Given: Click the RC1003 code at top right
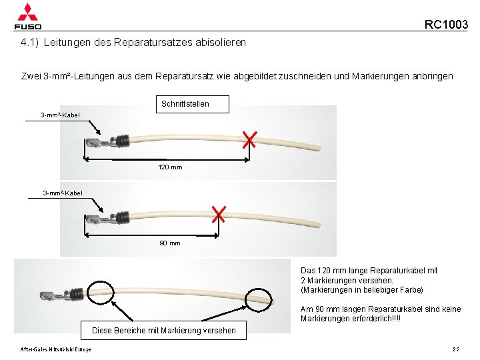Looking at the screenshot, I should point(446,25).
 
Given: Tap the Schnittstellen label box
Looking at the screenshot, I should point(185,104).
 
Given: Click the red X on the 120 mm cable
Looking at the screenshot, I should point(250,140).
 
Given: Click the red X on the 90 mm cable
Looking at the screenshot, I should point(219,214).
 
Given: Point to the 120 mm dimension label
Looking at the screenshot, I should point(170,167).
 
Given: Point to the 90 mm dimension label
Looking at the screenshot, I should point(170,243).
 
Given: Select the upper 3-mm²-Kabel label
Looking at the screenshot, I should point(60,115).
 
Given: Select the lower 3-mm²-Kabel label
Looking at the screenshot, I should point(63,193).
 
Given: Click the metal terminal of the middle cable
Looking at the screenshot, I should point(96,219).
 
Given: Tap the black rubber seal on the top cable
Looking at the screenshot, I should point(121,141).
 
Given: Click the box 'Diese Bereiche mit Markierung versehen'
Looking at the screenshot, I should point(163,330).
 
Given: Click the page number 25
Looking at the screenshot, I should point(456,349).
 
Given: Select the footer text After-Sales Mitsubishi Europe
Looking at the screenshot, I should point(56,349).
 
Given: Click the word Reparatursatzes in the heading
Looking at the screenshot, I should point(153,42).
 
